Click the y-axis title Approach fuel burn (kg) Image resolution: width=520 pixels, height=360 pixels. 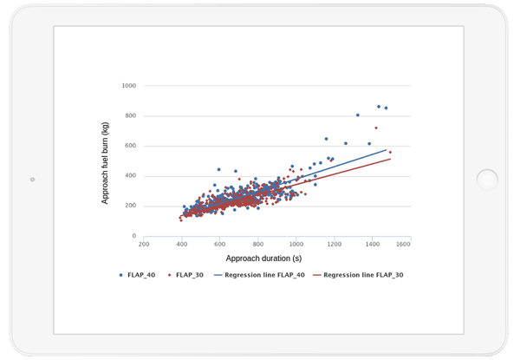[105, 160]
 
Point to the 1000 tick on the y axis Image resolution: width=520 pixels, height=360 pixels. [129, 86]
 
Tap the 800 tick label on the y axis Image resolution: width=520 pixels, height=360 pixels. [131, 115]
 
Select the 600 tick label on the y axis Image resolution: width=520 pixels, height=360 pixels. [131, 146]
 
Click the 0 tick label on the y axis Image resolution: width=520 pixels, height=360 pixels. [134, 236]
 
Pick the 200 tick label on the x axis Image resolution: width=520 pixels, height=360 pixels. [144, 244]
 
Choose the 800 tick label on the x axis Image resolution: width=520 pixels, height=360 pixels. [258, 244]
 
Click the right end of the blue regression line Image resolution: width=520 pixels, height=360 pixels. [387, 150]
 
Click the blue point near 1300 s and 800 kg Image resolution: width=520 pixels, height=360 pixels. [357, 115]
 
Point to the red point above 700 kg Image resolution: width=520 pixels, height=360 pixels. [376, 128]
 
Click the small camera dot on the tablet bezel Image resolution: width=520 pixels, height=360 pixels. [32, 180]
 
